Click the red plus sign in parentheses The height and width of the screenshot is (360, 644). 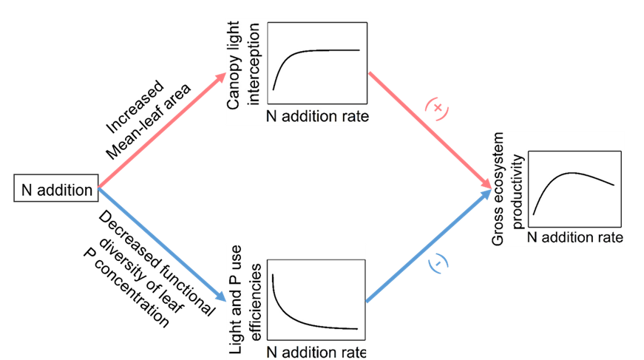click(x=438, y=109)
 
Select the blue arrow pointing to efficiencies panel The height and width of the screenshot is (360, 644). click(x=163, y=244)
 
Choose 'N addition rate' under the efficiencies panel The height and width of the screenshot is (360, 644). click(x=316, y=353)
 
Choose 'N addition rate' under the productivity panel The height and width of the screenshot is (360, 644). click(x=576, y=238)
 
